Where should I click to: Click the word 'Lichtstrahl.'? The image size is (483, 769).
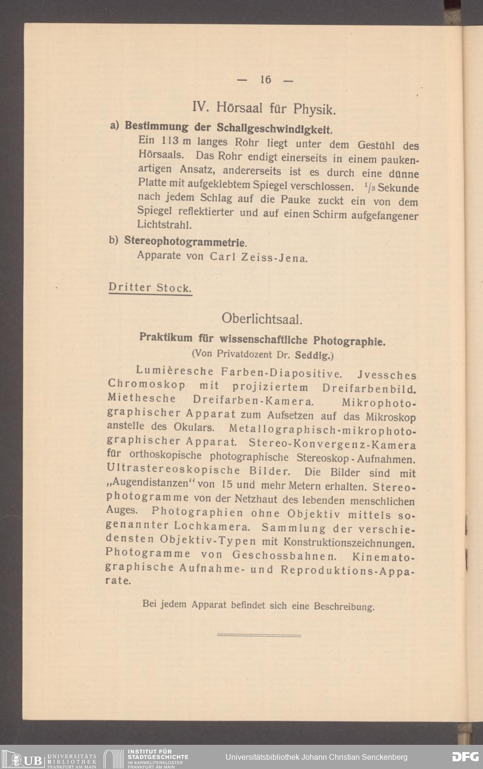pyautogui.click(x=157, y=225)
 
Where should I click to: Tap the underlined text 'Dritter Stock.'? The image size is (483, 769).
pyautogui.click(x=150, y=288)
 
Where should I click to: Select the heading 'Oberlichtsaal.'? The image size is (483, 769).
pyautogui.click(x=262, y=319)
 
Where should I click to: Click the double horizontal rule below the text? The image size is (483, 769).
pyautogui.click(x=259, y=635)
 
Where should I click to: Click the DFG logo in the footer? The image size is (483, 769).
pyautogui.click(x=465, y=757)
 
